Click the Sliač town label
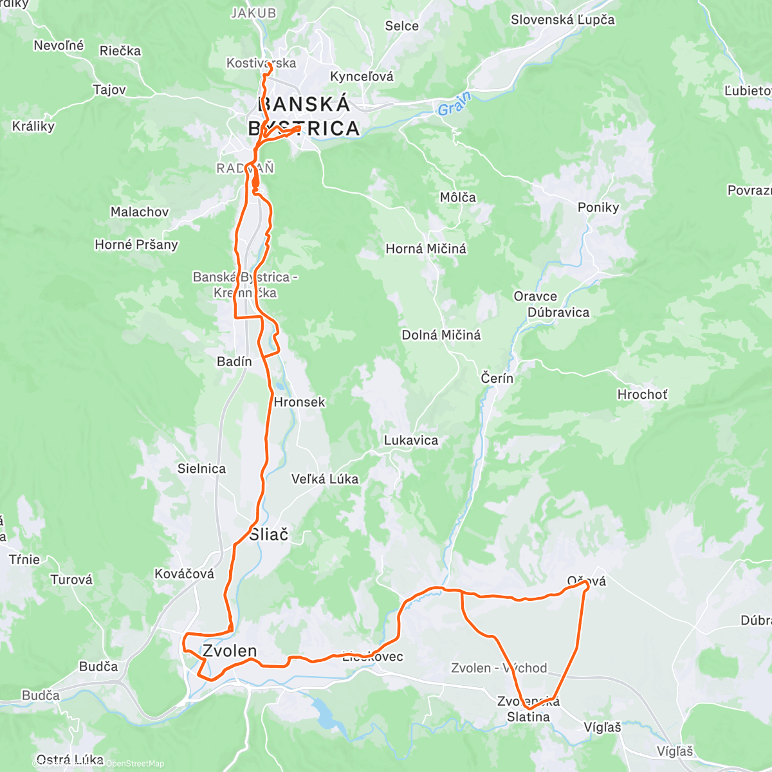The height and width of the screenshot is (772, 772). coord(269,534)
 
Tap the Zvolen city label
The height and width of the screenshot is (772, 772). coord(230,651)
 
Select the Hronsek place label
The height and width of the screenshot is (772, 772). coord(299,402)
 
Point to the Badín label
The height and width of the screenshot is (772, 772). coord(234,362)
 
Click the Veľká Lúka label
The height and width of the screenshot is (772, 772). coord(325,479)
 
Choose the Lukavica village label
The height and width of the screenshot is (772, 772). coord(411,441)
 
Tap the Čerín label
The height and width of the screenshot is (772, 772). coord(497,378)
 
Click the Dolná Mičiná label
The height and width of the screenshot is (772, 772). coord(441,335)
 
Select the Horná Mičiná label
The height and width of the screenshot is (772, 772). coord(426,248)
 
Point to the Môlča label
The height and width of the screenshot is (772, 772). coord(458,198)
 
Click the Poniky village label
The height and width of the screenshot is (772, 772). coord(598,207)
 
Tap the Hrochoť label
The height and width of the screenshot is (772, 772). coord(642,394)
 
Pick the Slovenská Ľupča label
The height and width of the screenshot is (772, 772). coord(562,20)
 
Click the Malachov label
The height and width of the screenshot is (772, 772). coord(140,212)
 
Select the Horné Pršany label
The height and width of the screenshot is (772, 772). coord(136,244)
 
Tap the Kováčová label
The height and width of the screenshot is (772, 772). coord(184,573)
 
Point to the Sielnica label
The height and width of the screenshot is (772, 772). coord(201,469)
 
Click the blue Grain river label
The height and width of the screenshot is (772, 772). coord(455,104)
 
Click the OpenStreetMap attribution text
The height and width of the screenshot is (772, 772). coord(134,764)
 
